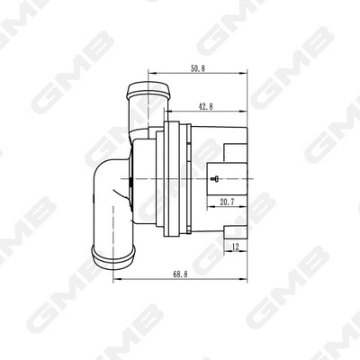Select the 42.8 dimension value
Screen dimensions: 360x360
point(206,106)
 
